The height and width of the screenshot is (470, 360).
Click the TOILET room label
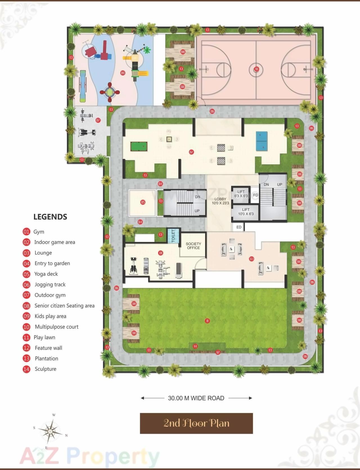pos(173,236)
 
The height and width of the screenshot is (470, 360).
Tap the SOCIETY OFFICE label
pos(193,246)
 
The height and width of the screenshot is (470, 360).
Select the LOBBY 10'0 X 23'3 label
pos(220,201)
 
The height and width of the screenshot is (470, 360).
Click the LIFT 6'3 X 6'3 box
pos(241,194)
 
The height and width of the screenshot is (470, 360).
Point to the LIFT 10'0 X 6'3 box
pos(246,212)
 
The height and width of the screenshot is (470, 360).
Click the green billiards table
pos(139,146)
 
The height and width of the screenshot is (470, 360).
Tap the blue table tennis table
pos(262,141)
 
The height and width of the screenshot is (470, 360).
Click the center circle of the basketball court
pos(256,69)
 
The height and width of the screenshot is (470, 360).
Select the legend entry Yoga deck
pos(46,274)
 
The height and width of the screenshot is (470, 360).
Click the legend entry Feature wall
pos(48,348)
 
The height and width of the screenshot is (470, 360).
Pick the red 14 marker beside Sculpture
pos(26,369)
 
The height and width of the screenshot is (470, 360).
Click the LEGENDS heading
pos(50,217)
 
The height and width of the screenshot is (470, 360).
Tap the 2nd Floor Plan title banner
pos(196,423)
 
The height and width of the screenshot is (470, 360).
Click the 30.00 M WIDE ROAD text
pos(196,398)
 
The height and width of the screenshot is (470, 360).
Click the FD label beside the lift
pos(256,195)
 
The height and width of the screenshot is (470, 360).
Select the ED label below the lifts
pos(239,227)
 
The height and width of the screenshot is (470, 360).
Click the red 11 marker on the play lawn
pos(207,321)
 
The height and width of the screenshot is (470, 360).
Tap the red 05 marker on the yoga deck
pos(143,202)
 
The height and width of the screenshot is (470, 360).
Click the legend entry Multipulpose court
pos(57,327)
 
